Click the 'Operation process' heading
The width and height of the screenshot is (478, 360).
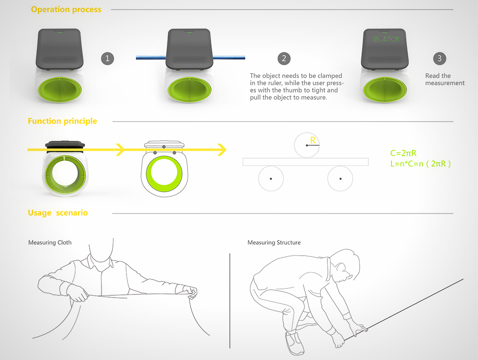pyautogui.click(x=66, y=10)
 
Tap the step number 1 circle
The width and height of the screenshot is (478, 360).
pyautogui.click(x=107, y=58)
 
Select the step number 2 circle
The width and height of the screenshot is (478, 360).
pyautogui.click(x=284, y=58)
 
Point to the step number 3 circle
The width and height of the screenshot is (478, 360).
pyautogui.click(x=439, y=58)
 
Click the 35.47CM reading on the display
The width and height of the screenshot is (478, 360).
pyautogui.click(x=385, y=40)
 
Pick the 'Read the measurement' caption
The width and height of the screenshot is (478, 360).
pyautogui.click(x=445, y=79)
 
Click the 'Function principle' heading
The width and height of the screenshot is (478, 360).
pyautogui.click(x=62, y=121)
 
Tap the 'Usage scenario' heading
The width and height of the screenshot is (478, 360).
pyautogui.click(x=58, y=213)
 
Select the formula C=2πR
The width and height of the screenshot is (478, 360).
pyautogui.click(x=403, y=154)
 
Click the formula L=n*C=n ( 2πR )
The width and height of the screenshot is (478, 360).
pyautogui.click(x=421, y=164)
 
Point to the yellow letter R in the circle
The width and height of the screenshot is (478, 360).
pyautogui.click(x=313, y=140)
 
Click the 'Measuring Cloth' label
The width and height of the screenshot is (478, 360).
pyautogui.click(x=50, y=242)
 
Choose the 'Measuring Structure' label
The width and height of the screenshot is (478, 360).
pyautogui.click(x=274, y=242)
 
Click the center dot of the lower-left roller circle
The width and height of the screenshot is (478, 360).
pyautogui.click(x=271, y=178)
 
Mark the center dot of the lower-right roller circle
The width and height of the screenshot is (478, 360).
pyautogui.click(x=341, y=178)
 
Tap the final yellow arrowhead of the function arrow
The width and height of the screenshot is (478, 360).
pyautogui.click(x=222, y=149)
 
